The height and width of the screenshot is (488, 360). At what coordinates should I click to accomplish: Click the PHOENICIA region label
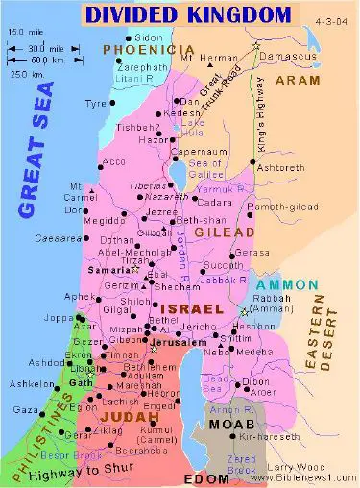143,49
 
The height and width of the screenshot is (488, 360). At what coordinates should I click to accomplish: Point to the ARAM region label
297,82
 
